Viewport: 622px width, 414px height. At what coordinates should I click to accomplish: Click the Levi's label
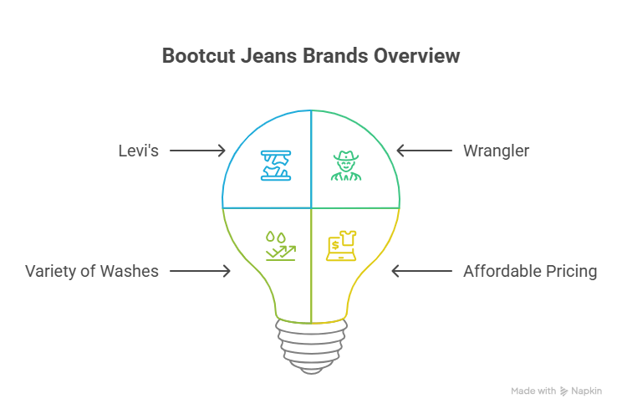[139, 151]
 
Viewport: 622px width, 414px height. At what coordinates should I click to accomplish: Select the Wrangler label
[496, 151]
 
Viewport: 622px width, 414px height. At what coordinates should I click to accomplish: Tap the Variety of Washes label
[92, 271]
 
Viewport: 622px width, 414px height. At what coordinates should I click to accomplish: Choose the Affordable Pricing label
[530, 271]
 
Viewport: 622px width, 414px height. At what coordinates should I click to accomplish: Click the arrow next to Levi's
[198, 151]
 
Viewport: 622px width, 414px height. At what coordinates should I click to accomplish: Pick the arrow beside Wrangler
[424, 151]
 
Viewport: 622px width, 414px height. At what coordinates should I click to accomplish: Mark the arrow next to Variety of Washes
[201, 271]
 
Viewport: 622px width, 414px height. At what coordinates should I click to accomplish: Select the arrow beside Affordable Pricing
[421, 271]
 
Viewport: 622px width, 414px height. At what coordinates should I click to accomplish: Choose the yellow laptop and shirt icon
[341, 244]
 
